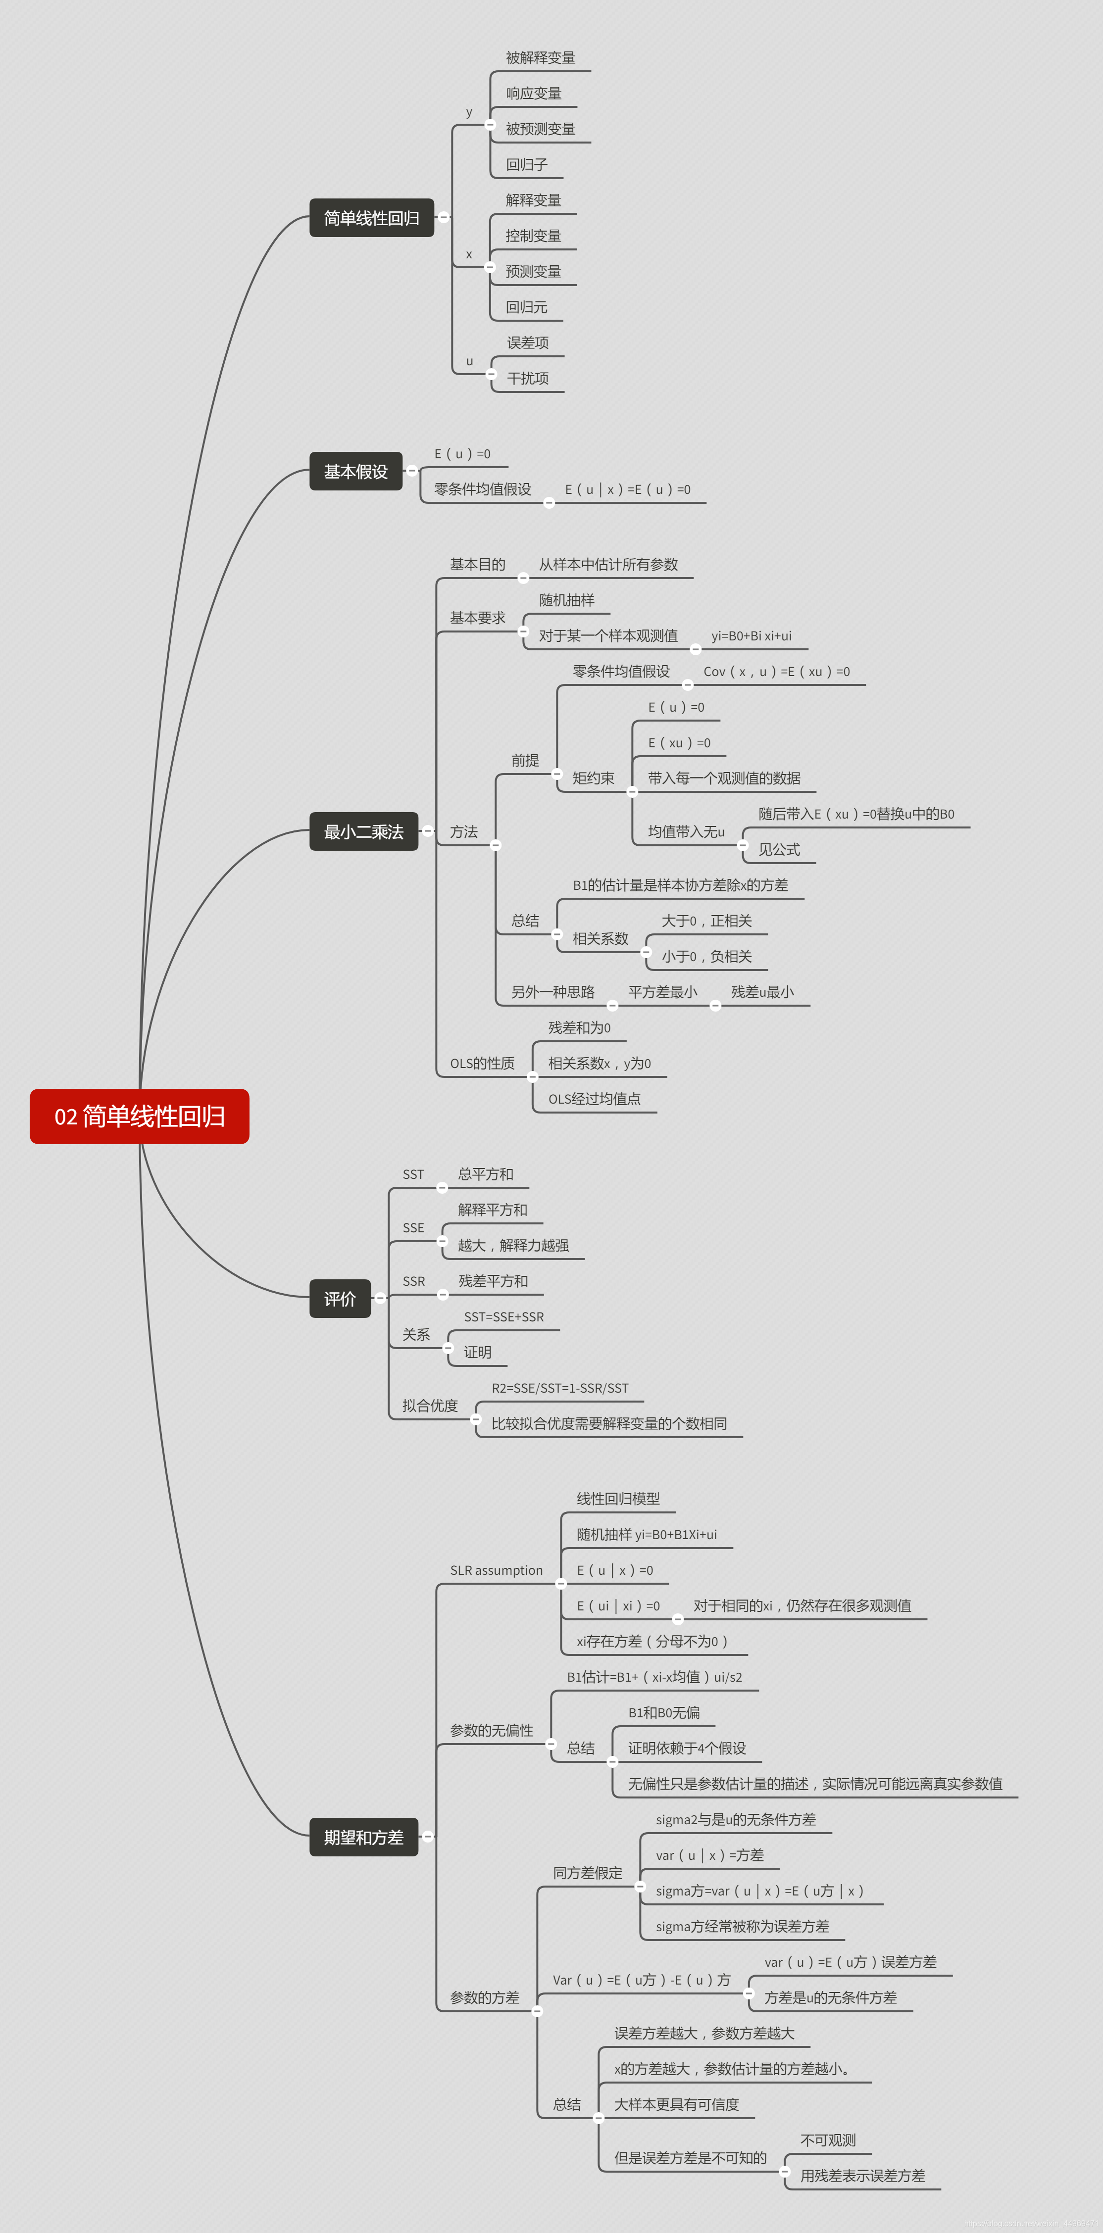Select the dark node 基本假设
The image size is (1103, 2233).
[355, 472]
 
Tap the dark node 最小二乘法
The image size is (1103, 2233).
[363, 832]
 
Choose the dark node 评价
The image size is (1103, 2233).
[340, 1299]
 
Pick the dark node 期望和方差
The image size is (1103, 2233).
[363, 1837]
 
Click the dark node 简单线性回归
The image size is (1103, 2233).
[371, 218]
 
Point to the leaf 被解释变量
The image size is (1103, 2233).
[540, 58]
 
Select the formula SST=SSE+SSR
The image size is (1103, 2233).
[504, 1317]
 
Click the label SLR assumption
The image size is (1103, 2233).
[496, 1570]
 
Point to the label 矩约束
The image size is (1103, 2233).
[593, 778]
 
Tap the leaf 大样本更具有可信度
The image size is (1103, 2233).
[676, 2105]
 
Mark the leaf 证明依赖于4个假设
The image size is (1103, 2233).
[687, 1748]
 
